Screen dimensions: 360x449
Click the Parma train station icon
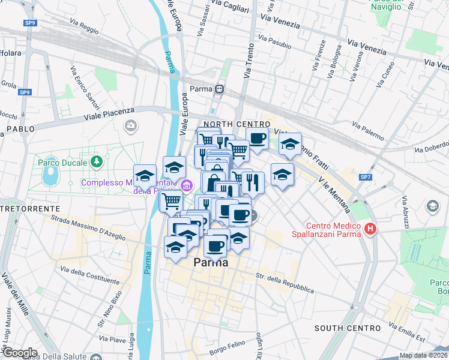(220, 89)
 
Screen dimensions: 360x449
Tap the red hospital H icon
(371, 229)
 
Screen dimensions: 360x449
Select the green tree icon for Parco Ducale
(95, 162)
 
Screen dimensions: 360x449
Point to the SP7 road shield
(365, 177)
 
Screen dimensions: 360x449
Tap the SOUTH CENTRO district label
(348, 328)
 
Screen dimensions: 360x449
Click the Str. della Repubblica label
(285, 283)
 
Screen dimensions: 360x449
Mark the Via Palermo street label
(368, 131)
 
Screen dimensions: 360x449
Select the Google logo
(20, 352)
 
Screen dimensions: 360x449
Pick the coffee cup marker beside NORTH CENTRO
(257, 139)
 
